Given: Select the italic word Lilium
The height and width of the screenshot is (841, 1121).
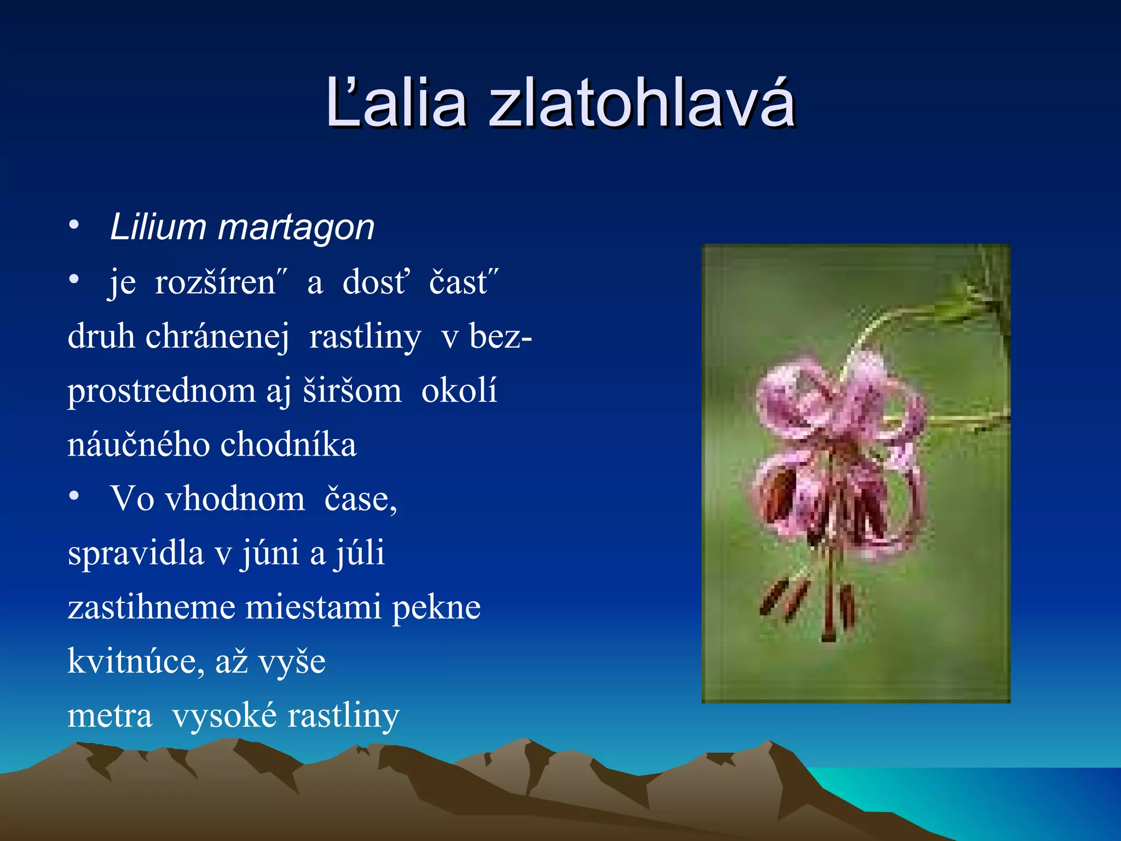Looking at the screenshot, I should click(158, 227).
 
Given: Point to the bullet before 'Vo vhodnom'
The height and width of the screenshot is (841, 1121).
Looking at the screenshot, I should click(74, 496).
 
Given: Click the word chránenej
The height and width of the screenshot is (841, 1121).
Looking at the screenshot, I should click(217, 336).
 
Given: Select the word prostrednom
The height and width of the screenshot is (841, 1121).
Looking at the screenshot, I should click(161, 391).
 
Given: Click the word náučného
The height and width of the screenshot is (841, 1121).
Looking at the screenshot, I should click(138, 445).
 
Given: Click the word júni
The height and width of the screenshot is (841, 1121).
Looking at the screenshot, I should click(270, 553).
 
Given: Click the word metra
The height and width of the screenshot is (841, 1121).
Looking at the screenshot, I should click(109, 716).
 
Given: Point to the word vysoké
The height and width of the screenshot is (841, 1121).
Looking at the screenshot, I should click(224, 716).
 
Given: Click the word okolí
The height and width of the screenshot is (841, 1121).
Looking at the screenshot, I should click(459, 391).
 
